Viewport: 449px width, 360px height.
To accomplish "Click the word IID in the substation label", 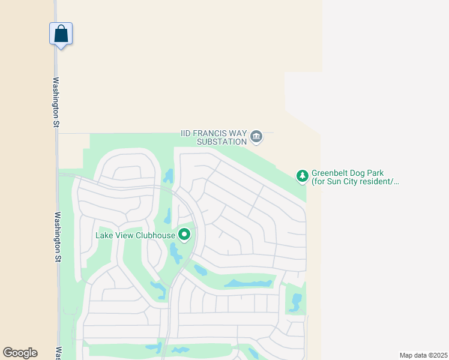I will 189,133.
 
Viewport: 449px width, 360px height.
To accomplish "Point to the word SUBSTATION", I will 223,142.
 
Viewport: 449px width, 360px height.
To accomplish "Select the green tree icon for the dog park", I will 303,176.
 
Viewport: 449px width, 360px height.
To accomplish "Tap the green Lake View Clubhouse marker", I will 185,235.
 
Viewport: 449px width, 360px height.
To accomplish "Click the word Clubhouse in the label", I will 155,235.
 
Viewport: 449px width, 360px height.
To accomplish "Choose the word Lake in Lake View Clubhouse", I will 105,235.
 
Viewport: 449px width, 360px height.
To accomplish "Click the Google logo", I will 20,353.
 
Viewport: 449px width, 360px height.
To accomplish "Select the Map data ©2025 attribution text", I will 423,355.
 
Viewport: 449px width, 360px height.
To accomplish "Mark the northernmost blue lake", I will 169,176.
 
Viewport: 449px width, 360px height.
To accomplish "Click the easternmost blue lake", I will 295,302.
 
